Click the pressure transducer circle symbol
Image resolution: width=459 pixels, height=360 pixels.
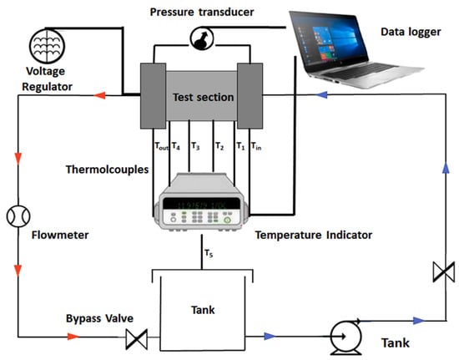[x=202, y=38]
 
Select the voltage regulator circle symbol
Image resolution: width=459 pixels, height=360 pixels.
[x=47, y=46]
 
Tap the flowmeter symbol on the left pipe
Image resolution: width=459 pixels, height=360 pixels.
[x=18, y=216]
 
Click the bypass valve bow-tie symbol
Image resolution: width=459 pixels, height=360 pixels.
[x=136, y=339]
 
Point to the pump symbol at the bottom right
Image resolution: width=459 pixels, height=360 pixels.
[x=346, y=337]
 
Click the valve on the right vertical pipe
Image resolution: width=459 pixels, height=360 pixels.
[x=444, y=271]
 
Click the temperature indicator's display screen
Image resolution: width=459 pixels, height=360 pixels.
[x=201, y=204]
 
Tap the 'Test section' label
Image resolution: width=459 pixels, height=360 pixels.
[x=203, y=97]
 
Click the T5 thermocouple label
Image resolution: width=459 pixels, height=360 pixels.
[x=209, y=253]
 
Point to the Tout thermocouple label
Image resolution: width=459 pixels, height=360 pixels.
[x=162, y=146]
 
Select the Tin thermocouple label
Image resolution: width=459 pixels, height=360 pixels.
[x=256, y=146]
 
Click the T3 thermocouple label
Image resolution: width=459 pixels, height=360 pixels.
[x=195, y=146]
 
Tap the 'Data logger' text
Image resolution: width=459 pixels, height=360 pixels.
[x=411, y=32]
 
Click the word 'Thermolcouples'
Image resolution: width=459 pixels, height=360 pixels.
[x=107, y=170]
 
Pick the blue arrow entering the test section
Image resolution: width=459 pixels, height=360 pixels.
[x=321, y=95]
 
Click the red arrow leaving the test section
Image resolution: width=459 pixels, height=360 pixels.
[x=99, y=95]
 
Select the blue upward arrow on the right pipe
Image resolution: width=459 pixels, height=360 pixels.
[x=446, y=167]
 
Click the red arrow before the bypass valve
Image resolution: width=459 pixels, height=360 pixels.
[x=73, y=337]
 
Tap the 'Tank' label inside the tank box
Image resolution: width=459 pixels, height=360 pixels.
[x=203, y=310]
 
